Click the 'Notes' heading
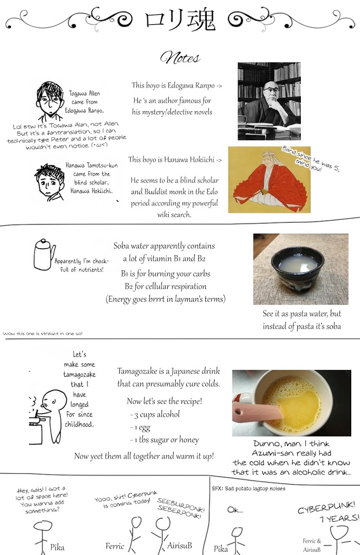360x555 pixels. click(x=180, y=58)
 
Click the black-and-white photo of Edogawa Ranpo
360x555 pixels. click(x=269, y=101)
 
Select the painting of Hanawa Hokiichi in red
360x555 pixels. click(x=269, y=180)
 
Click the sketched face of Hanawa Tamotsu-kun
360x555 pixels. click(x=49, y=181)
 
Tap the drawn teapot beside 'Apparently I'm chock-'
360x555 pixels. click(x=44, y=254)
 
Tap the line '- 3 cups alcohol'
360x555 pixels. click(x=155, y=415)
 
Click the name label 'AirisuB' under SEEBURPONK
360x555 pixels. click(x=179, y=545)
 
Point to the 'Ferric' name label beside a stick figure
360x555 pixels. click(x=115, y=546)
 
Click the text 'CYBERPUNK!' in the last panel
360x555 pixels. click(x=327, y=508)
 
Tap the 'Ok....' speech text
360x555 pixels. click(x=235, y=510)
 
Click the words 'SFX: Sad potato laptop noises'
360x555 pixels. click(x=248, y=489)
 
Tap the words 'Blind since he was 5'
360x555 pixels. click(x=311, y=159)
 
